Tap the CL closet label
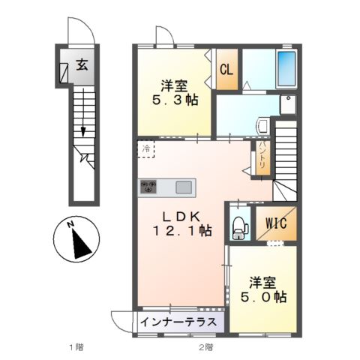[x=225, y=69]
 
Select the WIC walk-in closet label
[x=266, y=223]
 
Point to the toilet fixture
[x=239, y=224]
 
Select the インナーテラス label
[x=178, y=320]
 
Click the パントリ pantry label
[x=262, y=158]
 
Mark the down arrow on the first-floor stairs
[x=82, y=130]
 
